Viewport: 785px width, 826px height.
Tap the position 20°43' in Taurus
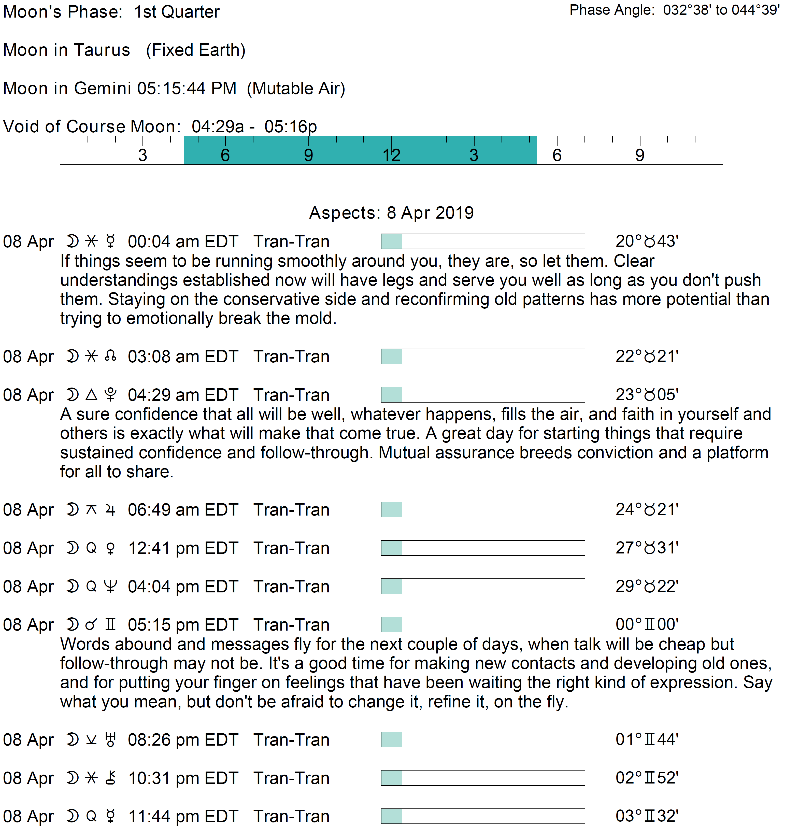(x=647, y=241)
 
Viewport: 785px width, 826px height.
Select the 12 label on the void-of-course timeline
(x=391, y=155)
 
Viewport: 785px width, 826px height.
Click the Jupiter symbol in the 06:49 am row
(x=110, y=510)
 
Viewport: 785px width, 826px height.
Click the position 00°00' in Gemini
(x=647, y=625)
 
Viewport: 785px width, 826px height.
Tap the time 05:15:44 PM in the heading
(x=187, y=88)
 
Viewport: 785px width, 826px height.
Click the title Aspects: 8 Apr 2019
(x=391, y=212)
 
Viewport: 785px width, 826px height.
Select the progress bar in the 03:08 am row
(x=482, y=357)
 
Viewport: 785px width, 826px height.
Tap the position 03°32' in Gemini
(x=647, y=816)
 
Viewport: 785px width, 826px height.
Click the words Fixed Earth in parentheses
(x=195, y=50)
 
